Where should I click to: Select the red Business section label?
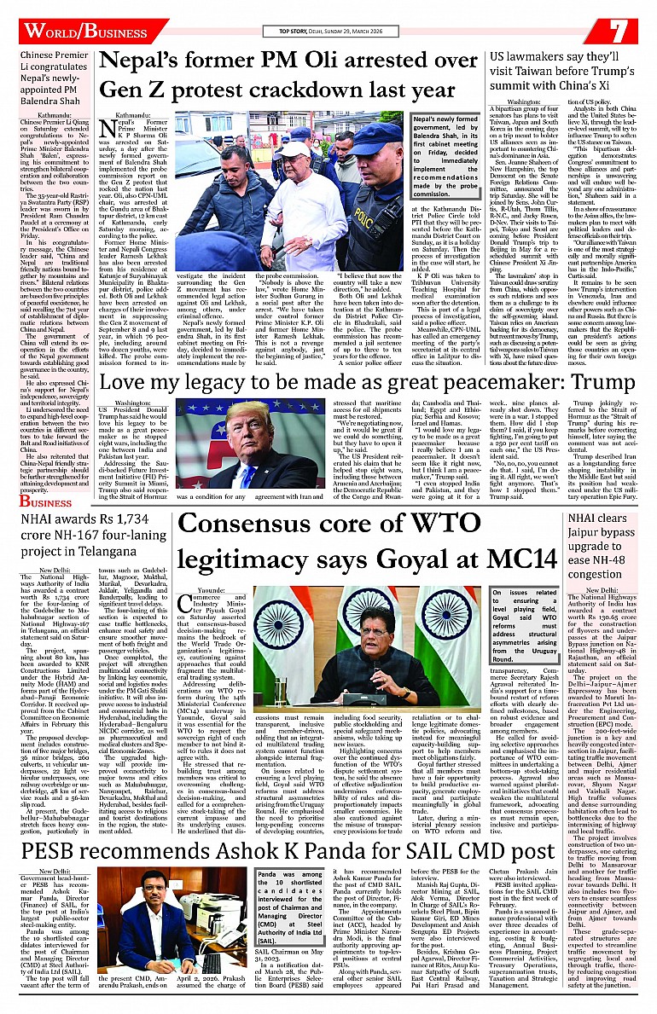pyautogui.click(x=47, y=502)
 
